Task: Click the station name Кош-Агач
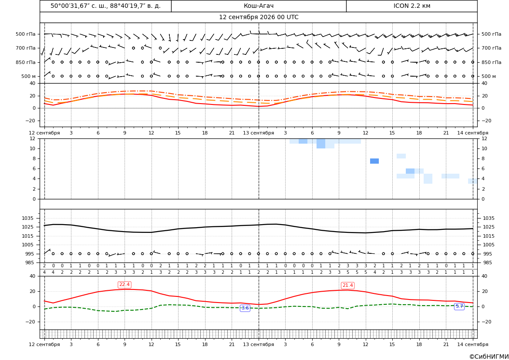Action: [x=258, y=6]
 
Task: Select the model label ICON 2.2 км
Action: [x=411, y=6]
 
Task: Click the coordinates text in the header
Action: [x=105, y=6]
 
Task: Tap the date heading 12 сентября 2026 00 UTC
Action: [x=258, y=17]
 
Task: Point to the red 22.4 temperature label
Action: [x=125, y=285]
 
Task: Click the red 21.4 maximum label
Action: [x=347, y=285]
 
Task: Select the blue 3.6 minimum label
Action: [x=245, y=308]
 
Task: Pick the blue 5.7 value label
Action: [x=459, y=306]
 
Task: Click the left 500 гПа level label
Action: [x=26, y=34]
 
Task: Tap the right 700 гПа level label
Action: [x=491, y=48]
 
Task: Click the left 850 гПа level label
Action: [x=26, y=62]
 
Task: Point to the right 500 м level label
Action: [x=489, y=76]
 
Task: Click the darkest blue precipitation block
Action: [x=374, y=161]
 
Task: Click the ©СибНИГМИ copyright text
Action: [x=489, y=357]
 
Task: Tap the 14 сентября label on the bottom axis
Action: [x=473, y=344]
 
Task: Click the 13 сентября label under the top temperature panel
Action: [x=258, y=133]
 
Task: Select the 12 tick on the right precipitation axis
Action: [x=484, y=138]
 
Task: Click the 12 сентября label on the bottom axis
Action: [x=44, y=344]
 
